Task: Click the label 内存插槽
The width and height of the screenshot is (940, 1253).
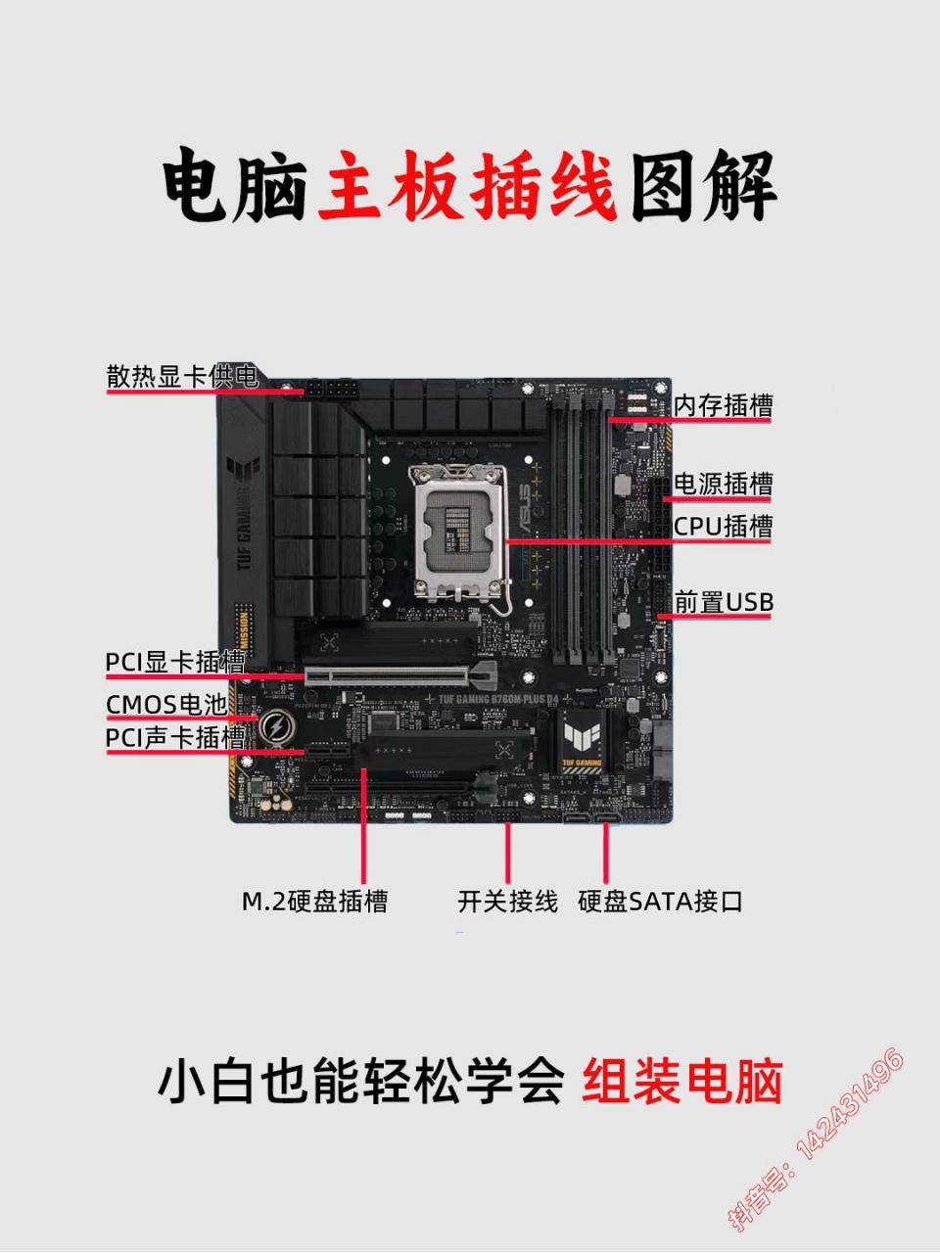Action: tap(723, 405)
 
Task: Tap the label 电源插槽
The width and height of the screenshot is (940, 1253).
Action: tap(723, 484)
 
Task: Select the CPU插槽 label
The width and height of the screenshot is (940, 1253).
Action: tap(723, 527)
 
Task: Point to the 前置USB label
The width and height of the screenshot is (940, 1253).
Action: tap(723, 602)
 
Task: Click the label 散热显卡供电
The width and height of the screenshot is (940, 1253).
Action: tap(182, 377)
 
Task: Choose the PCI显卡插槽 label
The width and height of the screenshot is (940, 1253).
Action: tap(175, 663)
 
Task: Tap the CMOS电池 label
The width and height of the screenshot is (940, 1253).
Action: tap(166, 705)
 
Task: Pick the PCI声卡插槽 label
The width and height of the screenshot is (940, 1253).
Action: tap(175, 737)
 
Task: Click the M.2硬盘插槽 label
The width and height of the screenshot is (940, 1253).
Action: tap(314, 902)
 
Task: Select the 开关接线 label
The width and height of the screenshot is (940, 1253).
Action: tap(507, 902)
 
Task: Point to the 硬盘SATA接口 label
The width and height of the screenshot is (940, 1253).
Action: tap(661, 902)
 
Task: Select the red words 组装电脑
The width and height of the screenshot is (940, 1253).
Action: tap(682, 1083)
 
